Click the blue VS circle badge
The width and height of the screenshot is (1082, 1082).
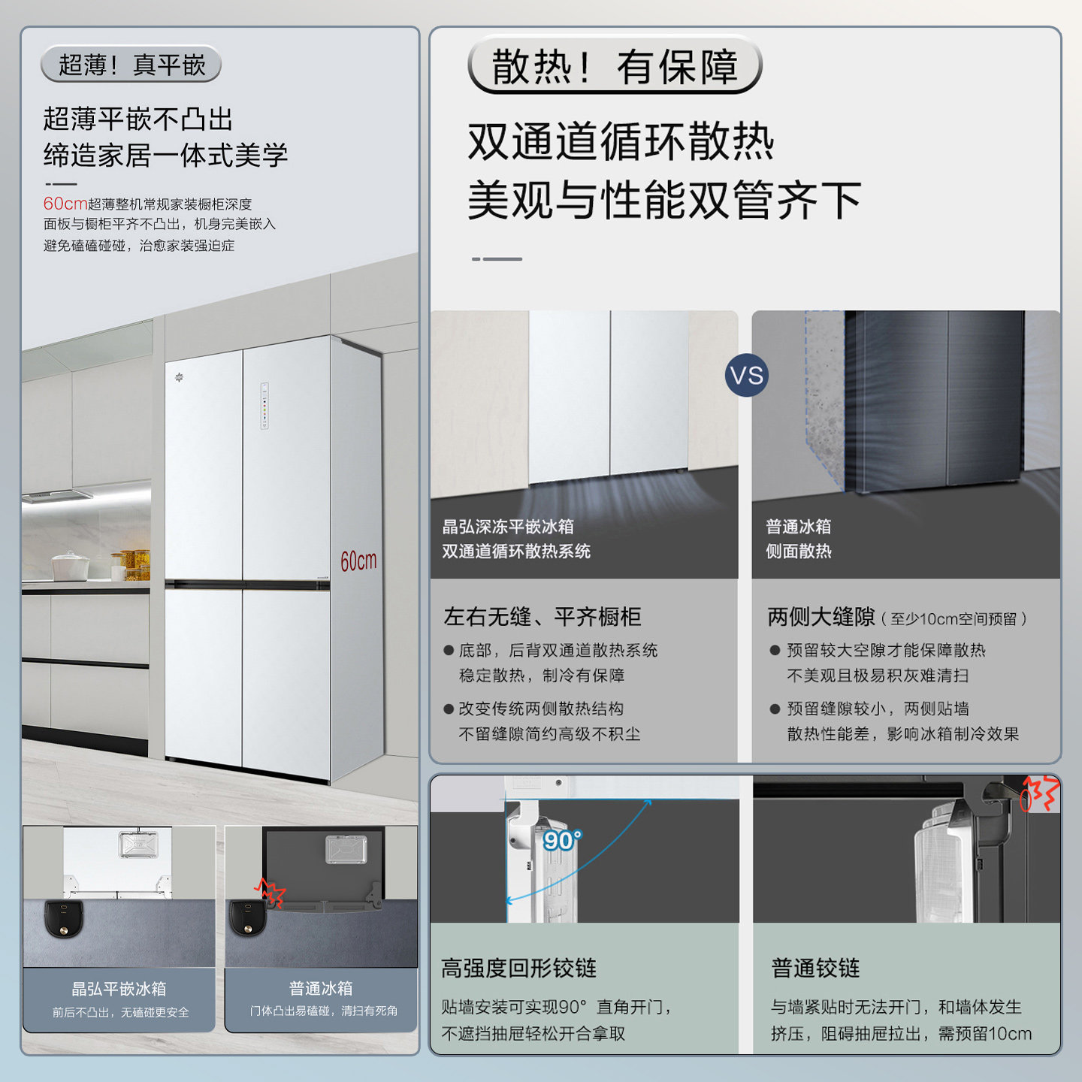pyautogui.click(x=746, y=376)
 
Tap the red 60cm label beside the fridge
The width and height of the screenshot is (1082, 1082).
pyautogui.click(x=358, y=561)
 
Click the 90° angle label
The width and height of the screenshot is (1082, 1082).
pyautogui.click(x=562, y=840)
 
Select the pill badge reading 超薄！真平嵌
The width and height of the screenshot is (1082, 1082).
pyautogui.click(x=131, y=65)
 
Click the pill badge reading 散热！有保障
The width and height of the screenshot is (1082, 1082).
pyautogui.click(x=615, y=67)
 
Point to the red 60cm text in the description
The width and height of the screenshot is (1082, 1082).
pyautogui.click(x=65, y=204)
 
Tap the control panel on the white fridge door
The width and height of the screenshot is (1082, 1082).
pyautogui.click(x=264, y=406)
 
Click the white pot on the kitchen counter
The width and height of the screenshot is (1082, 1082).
pyautogui.click(x=70, y=567)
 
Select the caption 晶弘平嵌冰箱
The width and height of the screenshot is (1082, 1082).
pyautogui.click(x=119, y=989)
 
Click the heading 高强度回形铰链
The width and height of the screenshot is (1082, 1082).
pyautogui.click(x=518, y=969)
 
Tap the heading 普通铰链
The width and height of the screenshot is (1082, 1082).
pyautogui.click(x=815, y=969)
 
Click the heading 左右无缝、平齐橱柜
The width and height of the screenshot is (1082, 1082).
pyautogui.click(x=542, y=617)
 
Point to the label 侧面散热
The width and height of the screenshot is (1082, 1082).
pyautogui.click(x=798, y=552)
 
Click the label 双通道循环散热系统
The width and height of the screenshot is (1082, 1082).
pyautogui.click(x=516, y=552)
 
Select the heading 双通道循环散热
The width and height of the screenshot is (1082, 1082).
pyautogui.click(x=621, y=141)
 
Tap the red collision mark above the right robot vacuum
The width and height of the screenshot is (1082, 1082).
pyautogui.click(x=270, y=893)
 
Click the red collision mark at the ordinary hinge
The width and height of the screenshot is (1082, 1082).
pyautogui.click(x=1040, y=794)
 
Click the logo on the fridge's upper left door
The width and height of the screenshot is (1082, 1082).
pyautogui.click(x=180, y=377)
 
